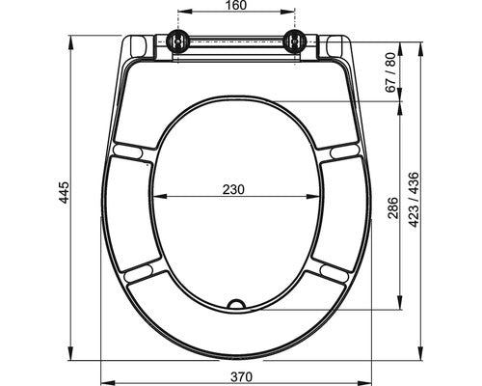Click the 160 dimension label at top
coord(236,5)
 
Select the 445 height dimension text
coord(65,192)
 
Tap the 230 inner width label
coord(233,189)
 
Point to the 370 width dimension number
coord(242,376)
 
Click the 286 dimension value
coord(393,207)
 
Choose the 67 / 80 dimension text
coord(390,72)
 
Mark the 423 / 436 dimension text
coord(415,200)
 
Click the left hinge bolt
coord(177,41)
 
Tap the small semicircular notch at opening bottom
coord(236,304)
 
